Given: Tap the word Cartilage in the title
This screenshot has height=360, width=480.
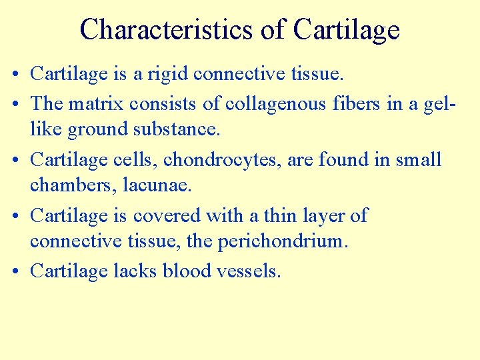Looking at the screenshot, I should point(346,29).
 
